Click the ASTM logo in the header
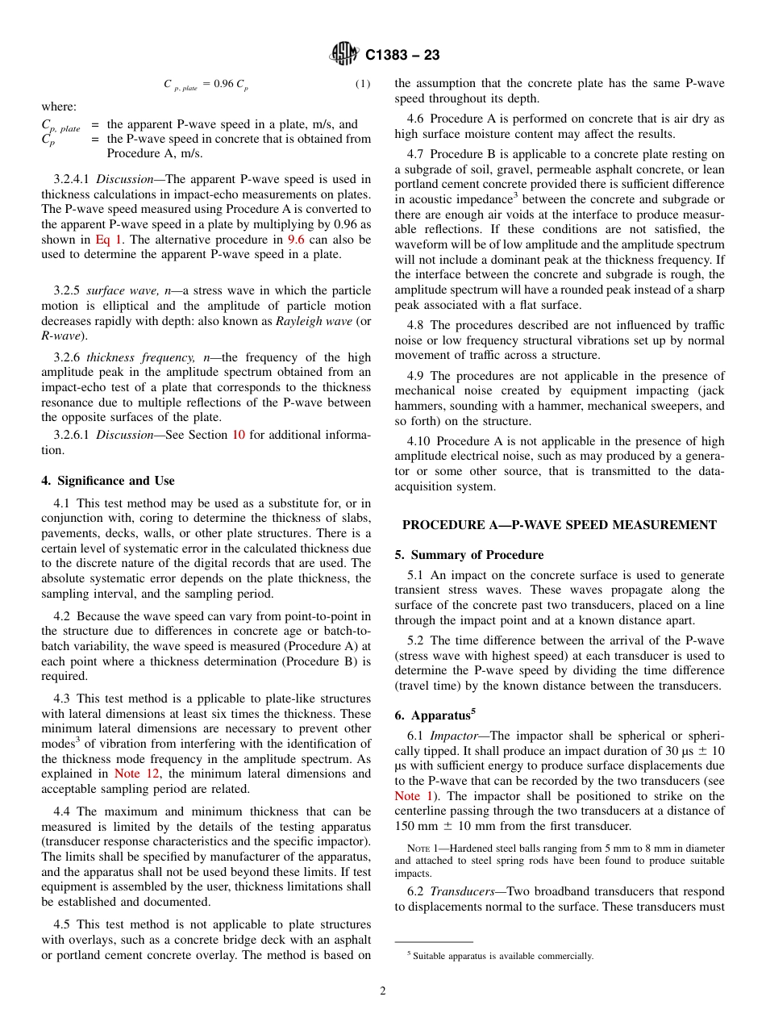tap(344, 54)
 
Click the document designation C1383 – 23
tap(402, 55)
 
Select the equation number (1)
tap(363, 84)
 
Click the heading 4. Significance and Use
tap(108, 481)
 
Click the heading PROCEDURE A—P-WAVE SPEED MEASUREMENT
tap(559, 525)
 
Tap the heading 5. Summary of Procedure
tap(469, 555)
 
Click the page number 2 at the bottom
tap(383, 991)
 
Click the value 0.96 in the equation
tap(223, 84)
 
